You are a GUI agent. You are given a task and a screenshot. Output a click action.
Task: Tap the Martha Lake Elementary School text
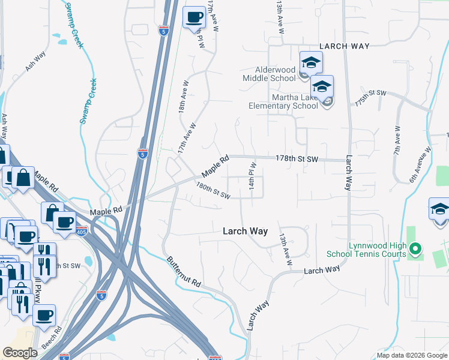point(283,102)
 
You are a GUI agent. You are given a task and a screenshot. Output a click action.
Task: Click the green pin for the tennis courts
point(415,248)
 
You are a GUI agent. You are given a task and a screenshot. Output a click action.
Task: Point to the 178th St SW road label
point(297,158)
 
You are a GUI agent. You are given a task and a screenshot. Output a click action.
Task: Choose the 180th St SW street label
point(213,191)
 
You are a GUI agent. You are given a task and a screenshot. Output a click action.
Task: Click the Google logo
point(20,353)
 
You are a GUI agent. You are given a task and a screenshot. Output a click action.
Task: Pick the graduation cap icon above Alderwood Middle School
point(311,62)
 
